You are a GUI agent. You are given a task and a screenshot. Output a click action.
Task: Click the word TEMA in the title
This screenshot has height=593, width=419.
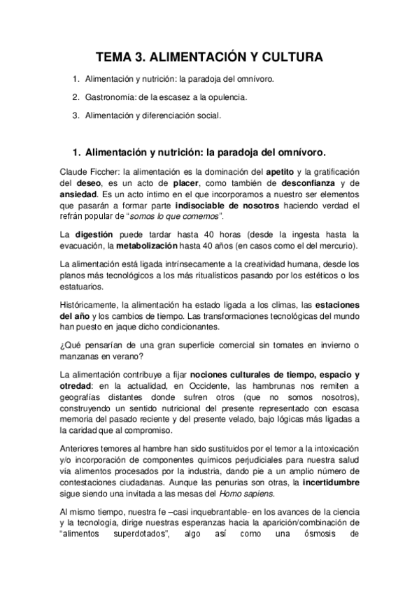[114, 57]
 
